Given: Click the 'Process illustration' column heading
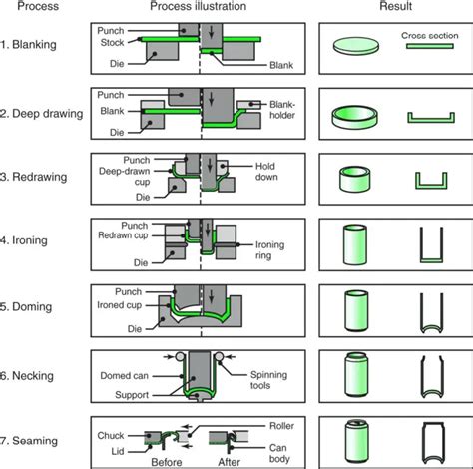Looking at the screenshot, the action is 199,6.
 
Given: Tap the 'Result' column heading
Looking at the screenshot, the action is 396,6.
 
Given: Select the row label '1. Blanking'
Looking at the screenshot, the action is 28,44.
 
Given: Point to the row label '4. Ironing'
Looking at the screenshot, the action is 24,240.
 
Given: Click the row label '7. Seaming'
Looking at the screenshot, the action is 29,441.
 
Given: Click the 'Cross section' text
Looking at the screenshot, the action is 430,36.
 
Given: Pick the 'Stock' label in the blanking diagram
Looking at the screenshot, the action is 112,42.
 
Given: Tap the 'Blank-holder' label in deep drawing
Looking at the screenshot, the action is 282,110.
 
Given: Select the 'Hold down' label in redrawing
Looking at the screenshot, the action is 266,171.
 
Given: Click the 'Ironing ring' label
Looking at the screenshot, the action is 269,250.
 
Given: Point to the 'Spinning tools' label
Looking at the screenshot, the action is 268,380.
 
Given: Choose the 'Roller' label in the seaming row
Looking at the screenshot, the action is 281,426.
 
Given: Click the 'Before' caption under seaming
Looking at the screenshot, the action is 167,462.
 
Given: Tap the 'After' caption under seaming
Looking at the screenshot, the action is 230,462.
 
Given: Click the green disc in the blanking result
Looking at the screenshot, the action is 356,46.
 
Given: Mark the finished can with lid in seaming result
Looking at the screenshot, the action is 357,441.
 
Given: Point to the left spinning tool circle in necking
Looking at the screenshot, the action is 180,357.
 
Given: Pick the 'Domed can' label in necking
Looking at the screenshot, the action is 124,376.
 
